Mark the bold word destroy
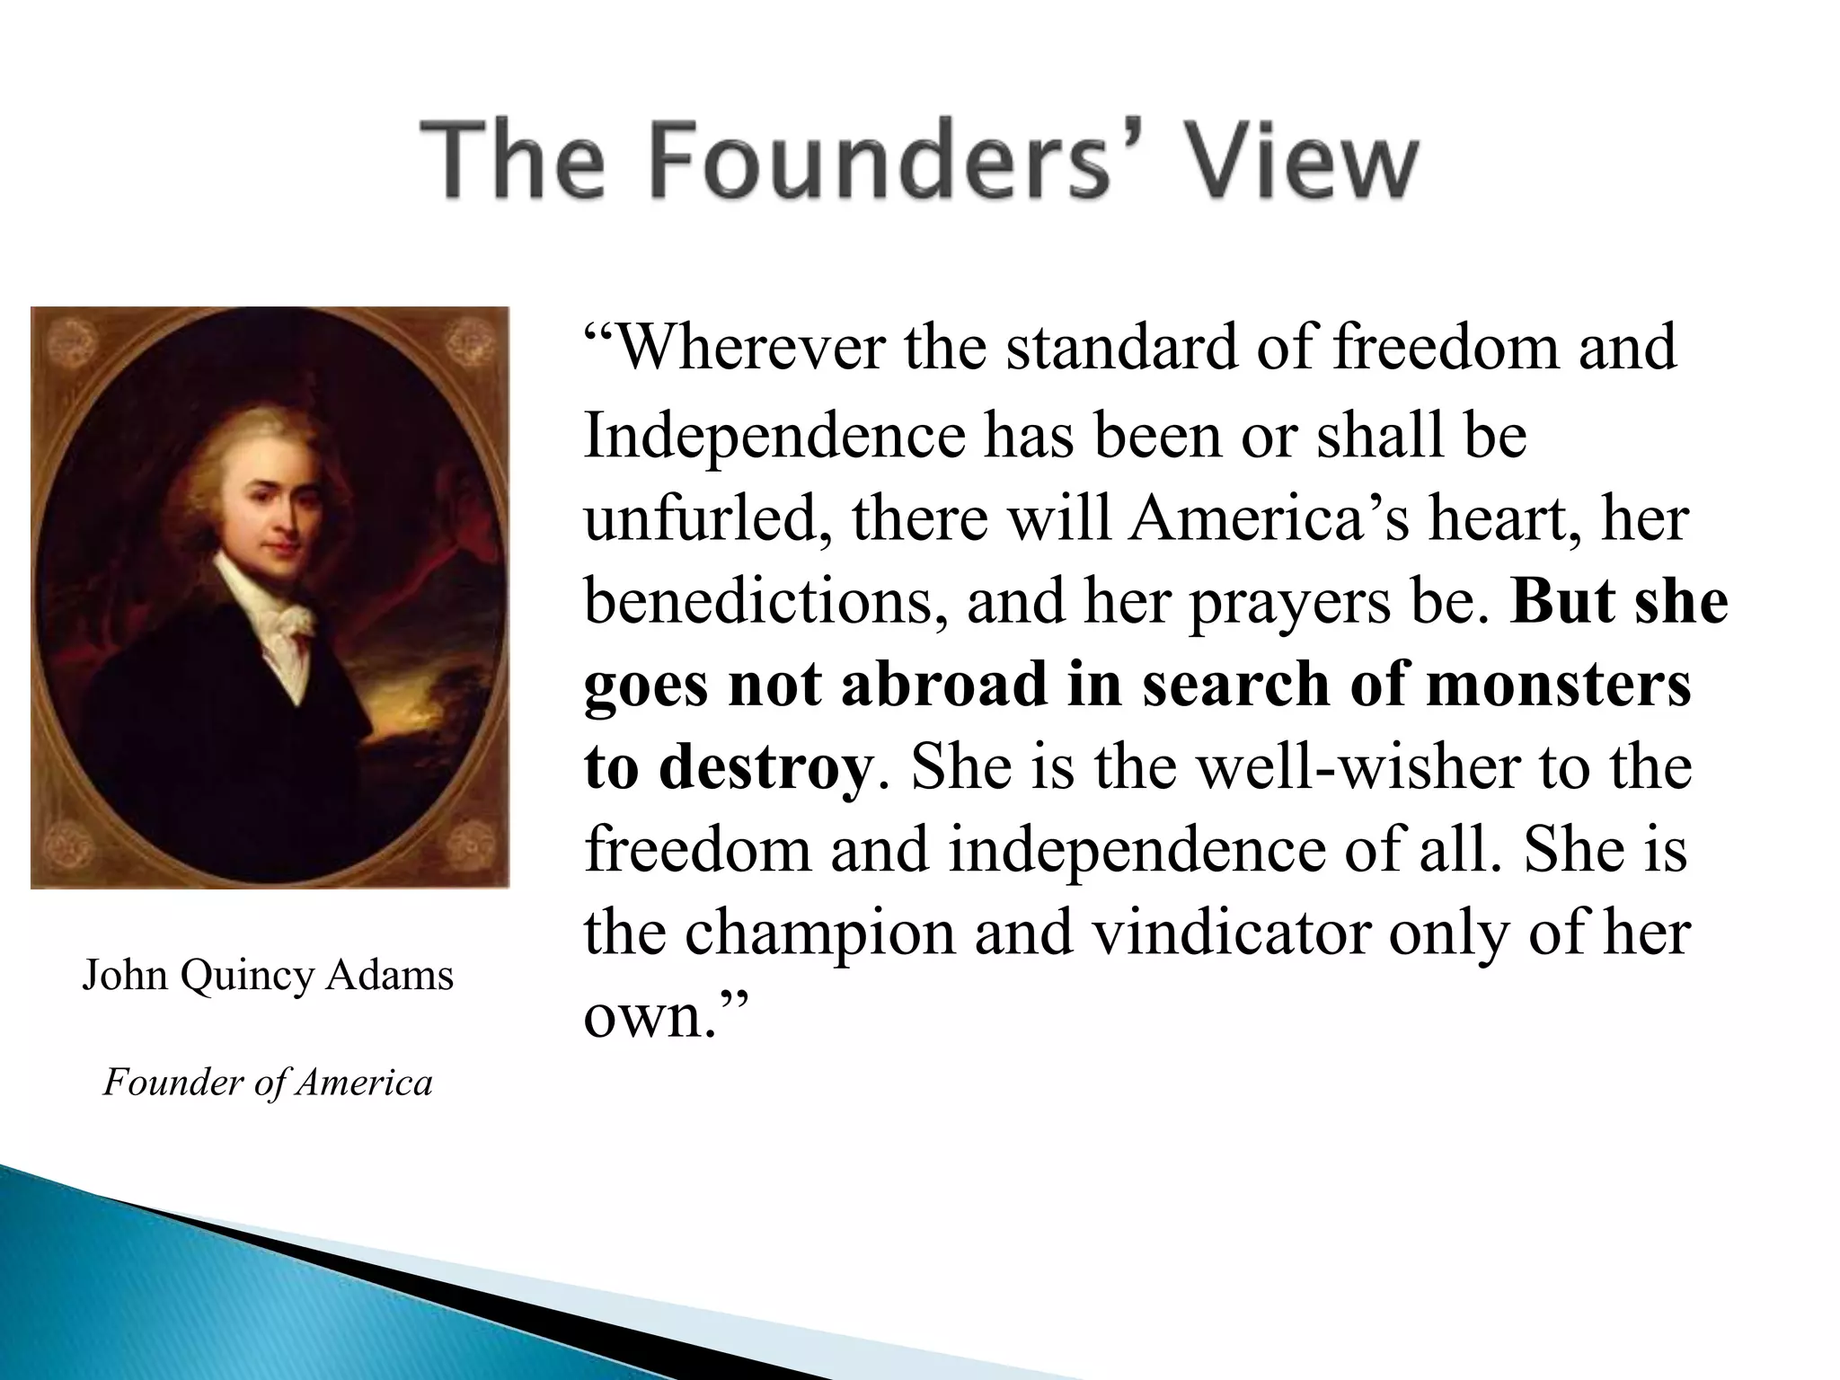click(x=764, y=769)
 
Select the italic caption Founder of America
click(x=268, y=1083)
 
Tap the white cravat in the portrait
click(x=287, y=629)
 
